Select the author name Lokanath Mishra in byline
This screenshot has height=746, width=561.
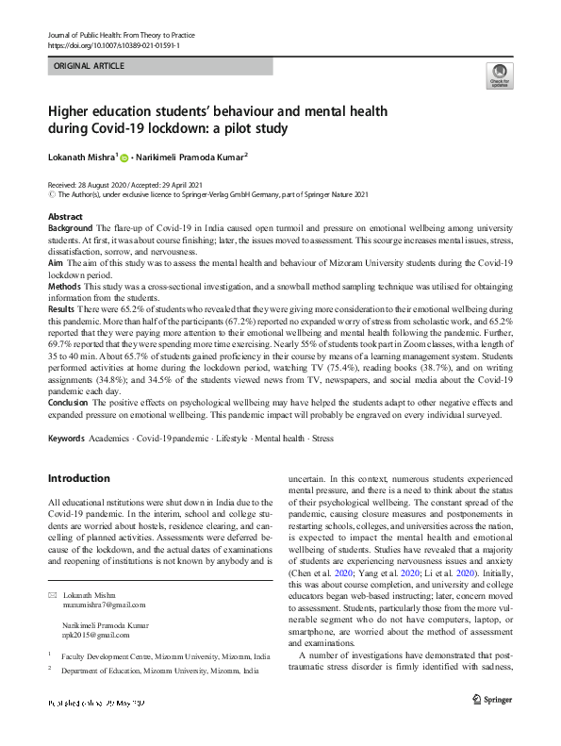tap(80, 156)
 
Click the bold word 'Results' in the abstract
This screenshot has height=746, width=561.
tap(63, 309)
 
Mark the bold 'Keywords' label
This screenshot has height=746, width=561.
tap(67, 439)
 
